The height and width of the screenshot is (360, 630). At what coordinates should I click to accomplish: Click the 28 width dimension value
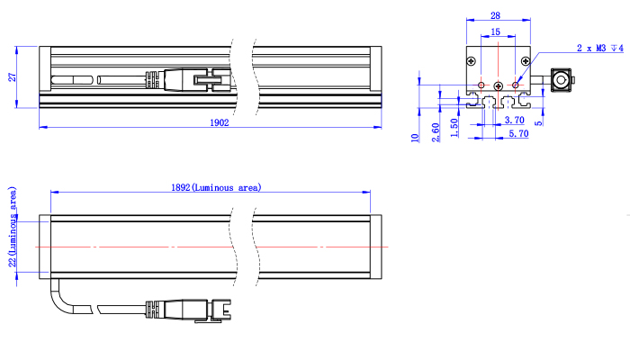tap(495, 15)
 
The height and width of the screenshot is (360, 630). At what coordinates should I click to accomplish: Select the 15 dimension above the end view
tap(495, 31)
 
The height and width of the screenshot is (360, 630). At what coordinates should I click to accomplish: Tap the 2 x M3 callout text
tap(600, 49)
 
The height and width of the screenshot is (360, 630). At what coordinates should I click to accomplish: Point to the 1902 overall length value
tap(220, 122)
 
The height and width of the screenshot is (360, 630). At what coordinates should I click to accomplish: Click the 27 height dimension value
tap(13, 77)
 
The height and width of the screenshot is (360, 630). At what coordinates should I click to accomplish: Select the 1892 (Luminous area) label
tap(216, 187)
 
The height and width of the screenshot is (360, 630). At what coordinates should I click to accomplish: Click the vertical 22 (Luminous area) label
tap(13, 227)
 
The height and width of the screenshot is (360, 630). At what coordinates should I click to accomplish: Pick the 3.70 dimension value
tap(514, 120)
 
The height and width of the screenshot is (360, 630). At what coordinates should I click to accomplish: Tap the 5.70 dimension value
tap(518, 134)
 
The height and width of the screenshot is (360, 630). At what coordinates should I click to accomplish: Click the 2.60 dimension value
tap(436, 132)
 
